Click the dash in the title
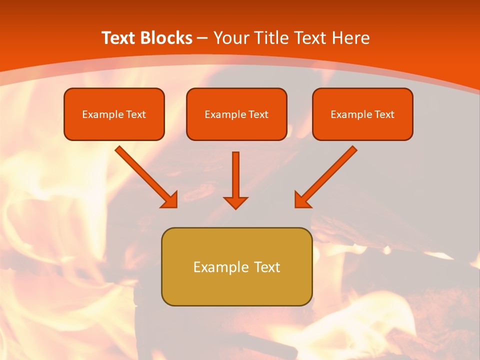(x=202, y=38)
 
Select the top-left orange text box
(x=114, y=114)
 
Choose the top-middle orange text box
(x=236, y=114)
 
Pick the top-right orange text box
(x=362, y=114)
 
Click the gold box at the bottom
(x=236, y=266)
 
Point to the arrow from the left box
(x=145, y=176)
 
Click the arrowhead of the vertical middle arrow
(x=235, y=202)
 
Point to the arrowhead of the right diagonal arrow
(x=302, y=200)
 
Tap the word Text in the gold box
(x=267, y=267)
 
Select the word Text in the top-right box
(x=384, y=114)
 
